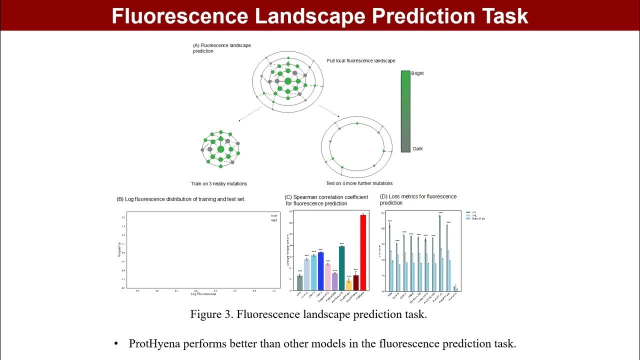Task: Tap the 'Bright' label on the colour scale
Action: [417, 73]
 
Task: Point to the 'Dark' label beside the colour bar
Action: [417, 148]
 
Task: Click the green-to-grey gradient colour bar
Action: [405, 111]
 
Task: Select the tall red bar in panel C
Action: [363, 252]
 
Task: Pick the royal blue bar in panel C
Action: [320, 271]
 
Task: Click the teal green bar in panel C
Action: [341, 268]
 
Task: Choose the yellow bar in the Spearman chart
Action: [349, 285]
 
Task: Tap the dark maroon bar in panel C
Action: [356, 282]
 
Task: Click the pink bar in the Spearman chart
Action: [327, 277]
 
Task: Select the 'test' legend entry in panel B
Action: [274, 220]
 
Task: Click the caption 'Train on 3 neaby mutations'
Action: [218, 183]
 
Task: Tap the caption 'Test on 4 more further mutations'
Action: [356, 183]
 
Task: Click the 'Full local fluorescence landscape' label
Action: [361, 60]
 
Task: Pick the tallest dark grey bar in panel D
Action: [439, 252]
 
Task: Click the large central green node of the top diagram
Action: [287, 81]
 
